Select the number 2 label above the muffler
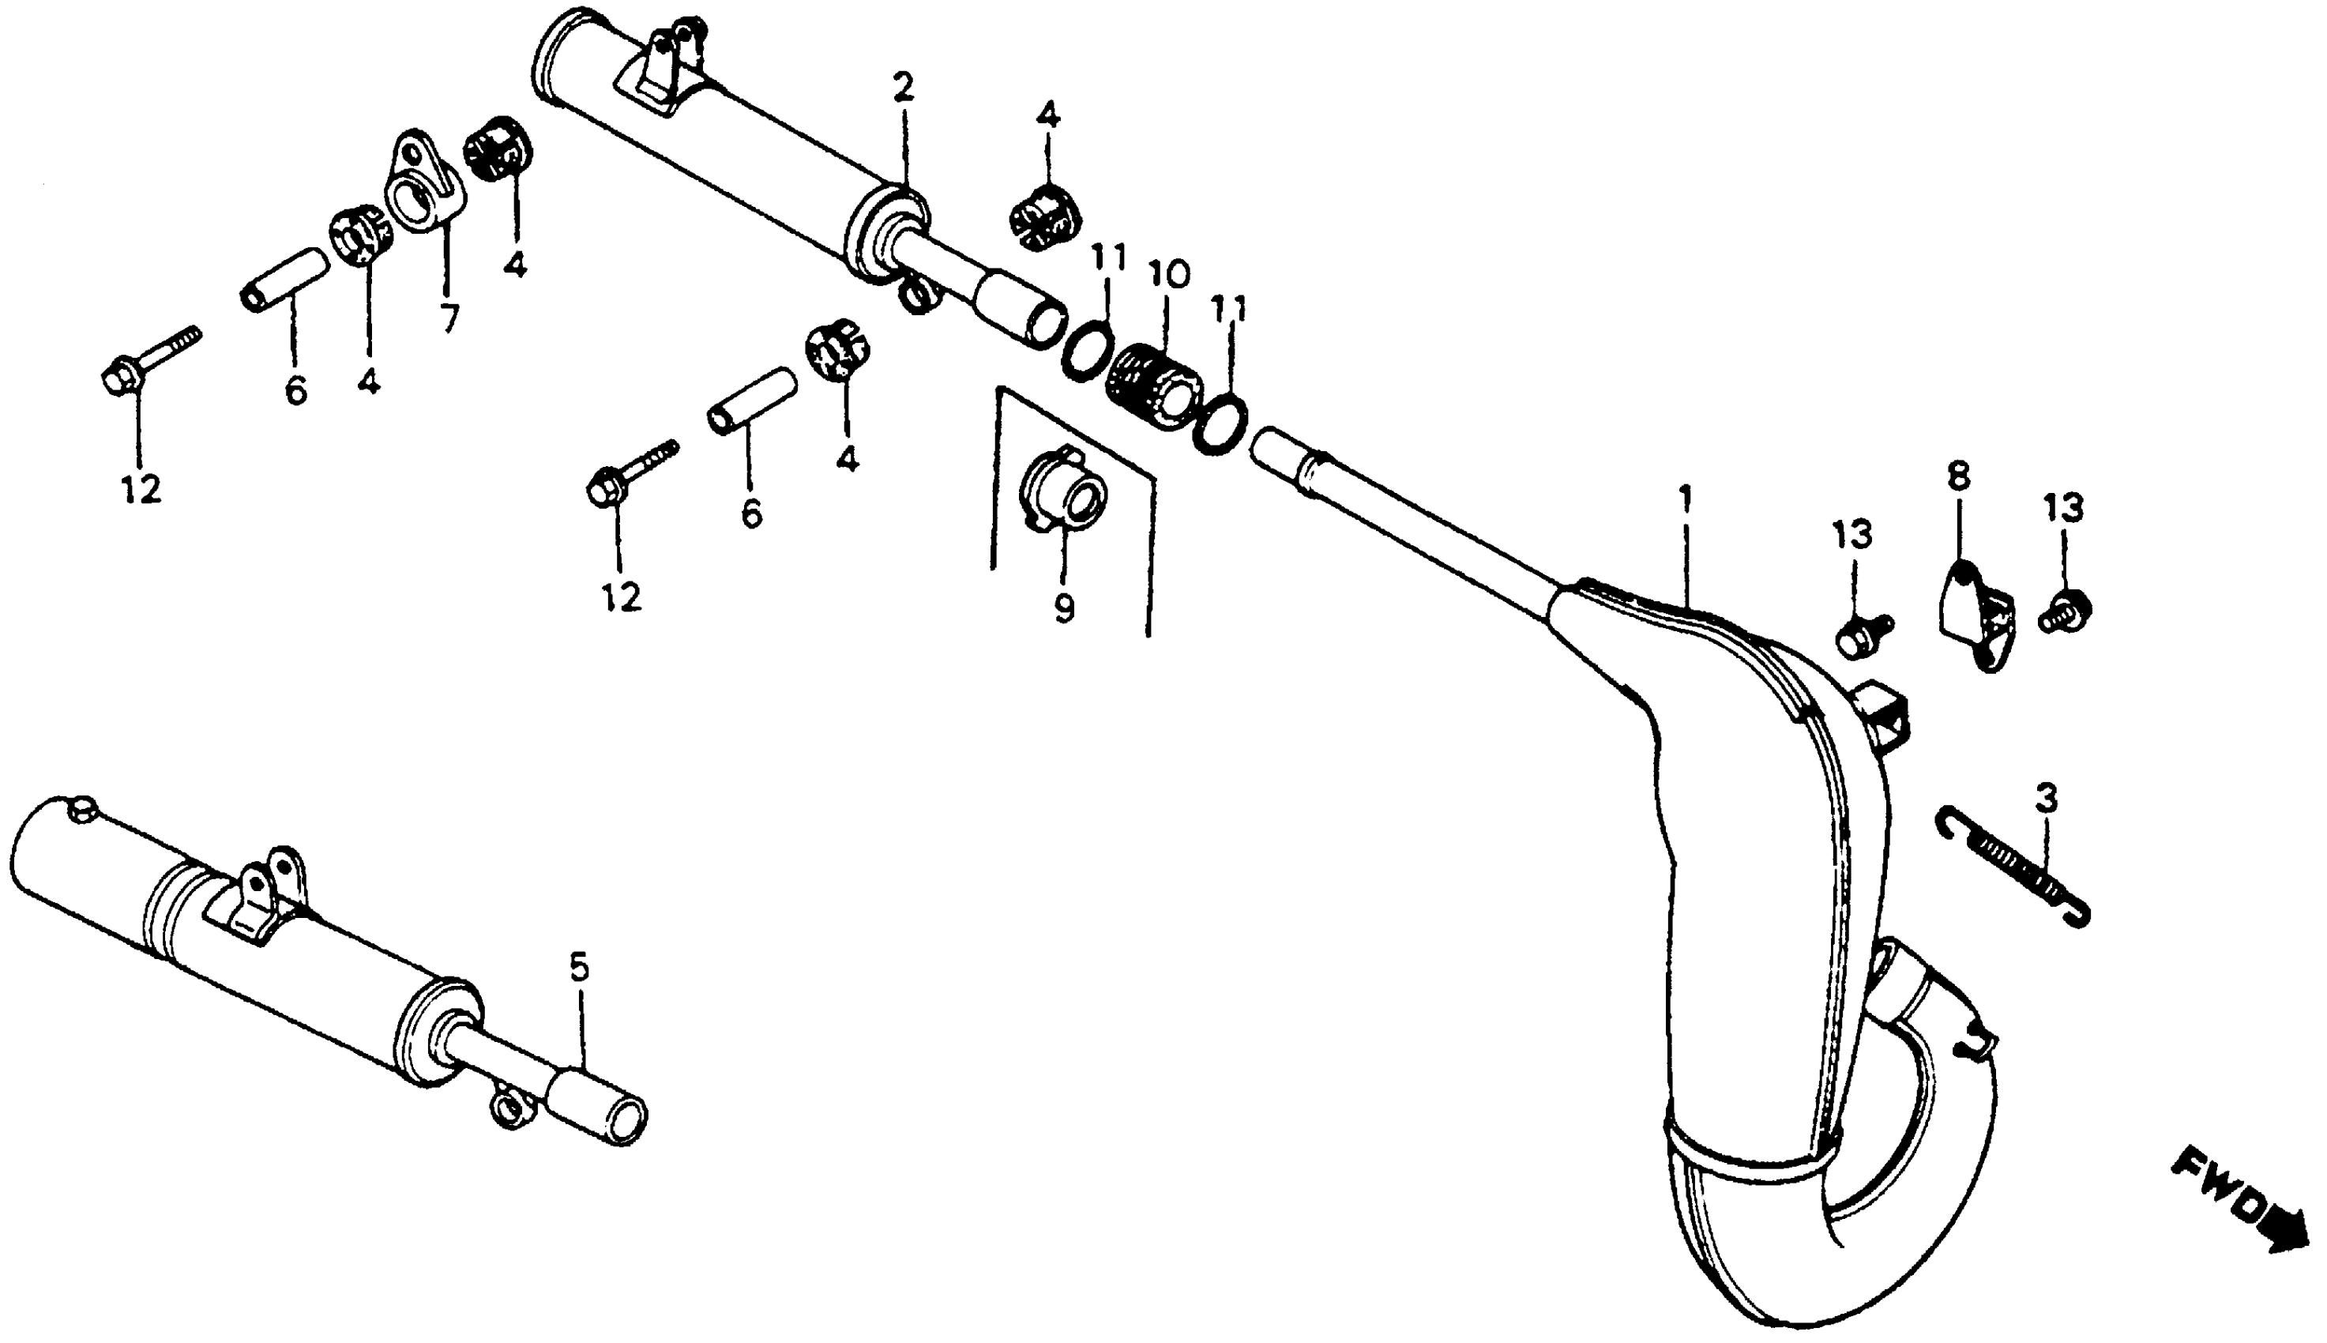[x=903, y=88]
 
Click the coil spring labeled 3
[x=2014, y=865]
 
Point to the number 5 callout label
[x=578, y=968]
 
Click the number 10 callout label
[x=1169, y=274]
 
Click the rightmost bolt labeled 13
[x=2069, y=610]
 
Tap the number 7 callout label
[x=448, y=318]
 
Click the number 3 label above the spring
[x=2046, y=799]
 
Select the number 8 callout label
[x=1958, y=477]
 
